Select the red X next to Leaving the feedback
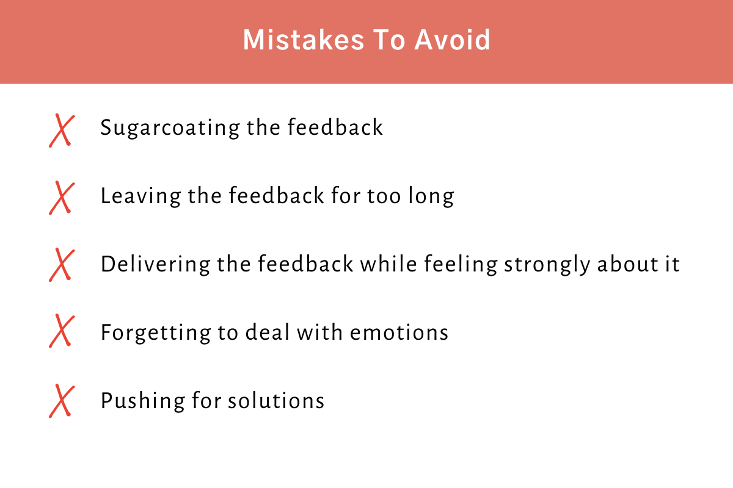click(x=61, y=198)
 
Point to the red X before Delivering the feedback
click(x=61, y=265)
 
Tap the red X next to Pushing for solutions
click(x=61, y=400)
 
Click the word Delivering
click(x=155, y=265)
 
